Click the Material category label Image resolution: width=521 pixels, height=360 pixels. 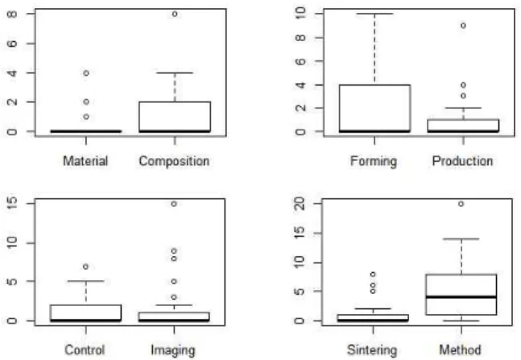85,161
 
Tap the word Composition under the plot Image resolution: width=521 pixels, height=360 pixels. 174,162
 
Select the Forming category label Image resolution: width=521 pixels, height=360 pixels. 374,162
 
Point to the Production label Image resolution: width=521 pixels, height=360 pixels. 462,161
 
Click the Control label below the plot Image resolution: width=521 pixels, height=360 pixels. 85,350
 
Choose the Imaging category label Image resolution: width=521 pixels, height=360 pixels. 173,350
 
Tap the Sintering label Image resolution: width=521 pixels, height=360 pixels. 372,350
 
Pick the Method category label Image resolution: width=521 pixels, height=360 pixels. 460,350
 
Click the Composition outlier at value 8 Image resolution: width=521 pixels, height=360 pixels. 175,14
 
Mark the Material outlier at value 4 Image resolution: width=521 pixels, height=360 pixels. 86,72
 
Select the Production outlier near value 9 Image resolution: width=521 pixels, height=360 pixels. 463,26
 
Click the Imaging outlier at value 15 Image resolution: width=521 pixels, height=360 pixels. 174,204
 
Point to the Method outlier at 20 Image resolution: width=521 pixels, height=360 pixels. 461,204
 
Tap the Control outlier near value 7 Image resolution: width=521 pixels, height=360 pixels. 85,267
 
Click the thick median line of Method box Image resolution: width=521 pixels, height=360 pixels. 461,297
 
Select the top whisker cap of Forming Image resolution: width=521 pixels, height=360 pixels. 374,14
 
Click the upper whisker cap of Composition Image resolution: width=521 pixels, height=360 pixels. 175,72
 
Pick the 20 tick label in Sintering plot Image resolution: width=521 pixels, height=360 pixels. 300,204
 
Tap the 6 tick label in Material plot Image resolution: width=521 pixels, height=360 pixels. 12,43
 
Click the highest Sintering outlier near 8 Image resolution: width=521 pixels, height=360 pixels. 373,275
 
